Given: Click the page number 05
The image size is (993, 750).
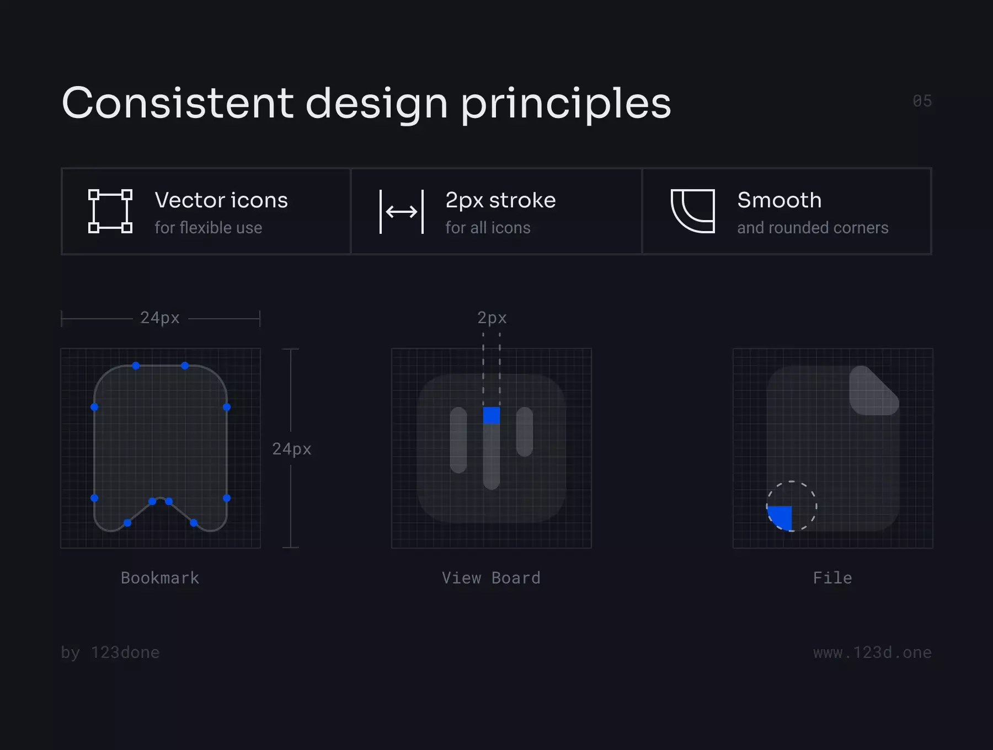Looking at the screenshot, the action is [x=922, y=101].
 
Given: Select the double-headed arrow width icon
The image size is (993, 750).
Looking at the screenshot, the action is [x=402, y=212].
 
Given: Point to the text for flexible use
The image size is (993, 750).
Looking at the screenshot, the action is [x=209, y=228].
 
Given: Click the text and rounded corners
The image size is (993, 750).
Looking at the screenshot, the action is [x=813, y=228].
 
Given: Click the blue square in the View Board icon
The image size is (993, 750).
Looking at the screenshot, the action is [x=492, y=415].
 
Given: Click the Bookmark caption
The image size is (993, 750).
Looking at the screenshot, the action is [x=160, y=578].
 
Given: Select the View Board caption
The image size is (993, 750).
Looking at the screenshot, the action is [x=491, y=578].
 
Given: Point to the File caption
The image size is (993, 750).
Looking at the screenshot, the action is [x=832, y=578].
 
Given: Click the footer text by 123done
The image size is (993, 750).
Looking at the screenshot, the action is [x=110, y=652].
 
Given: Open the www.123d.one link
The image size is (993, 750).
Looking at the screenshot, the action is [x=872, y=652].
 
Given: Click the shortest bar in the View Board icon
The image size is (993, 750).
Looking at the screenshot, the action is [x=525, y=432].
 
